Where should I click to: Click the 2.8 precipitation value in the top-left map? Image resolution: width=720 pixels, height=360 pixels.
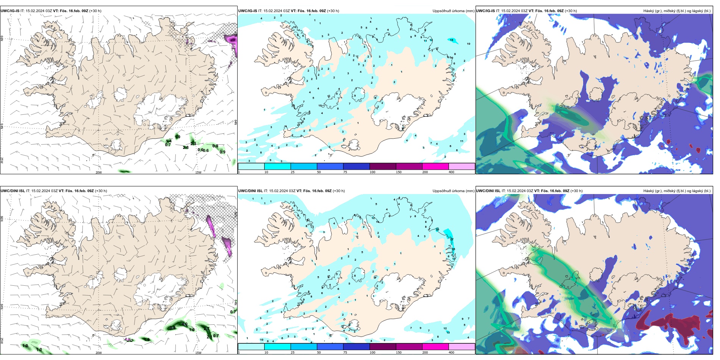click(186, 147)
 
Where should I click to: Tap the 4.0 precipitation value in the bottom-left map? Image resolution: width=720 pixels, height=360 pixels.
click(185, 324)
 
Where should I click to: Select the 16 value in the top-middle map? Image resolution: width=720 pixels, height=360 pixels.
click(451, 40)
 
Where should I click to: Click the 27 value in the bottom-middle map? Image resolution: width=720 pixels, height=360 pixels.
click(452, 239)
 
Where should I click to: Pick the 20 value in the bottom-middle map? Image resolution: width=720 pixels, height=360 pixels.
click(437, 229)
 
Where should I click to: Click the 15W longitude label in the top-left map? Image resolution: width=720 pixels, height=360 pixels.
click(198, 172)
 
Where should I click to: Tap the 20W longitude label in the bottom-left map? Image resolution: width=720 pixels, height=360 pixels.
click(99, 353)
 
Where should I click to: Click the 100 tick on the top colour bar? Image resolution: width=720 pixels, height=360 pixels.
click(373, 172)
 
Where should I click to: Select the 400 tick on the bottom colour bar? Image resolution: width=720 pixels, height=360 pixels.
click(451, 352)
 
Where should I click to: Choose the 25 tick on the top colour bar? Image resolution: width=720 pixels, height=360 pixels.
click(293, 172)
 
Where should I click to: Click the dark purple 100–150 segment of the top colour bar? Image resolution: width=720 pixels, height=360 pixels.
click(383, 166)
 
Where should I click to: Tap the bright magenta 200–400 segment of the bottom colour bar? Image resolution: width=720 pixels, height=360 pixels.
click(435, 346)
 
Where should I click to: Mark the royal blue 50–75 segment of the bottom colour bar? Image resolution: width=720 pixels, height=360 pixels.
click(330, 346)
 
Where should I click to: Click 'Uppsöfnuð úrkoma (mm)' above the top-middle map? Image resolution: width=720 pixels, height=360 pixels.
click(453, 11)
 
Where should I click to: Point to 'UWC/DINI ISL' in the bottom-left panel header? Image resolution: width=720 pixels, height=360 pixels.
click(13, 191)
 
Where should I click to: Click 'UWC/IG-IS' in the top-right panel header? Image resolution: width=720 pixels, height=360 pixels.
click(485, 11)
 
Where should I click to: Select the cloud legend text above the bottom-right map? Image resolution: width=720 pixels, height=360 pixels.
click(677, 191)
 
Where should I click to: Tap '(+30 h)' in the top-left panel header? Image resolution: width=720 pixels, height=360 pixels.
click(95, 11)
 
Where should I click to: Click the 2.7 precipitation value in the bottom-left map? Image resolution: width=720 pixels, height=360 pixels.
click(206, 328)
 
